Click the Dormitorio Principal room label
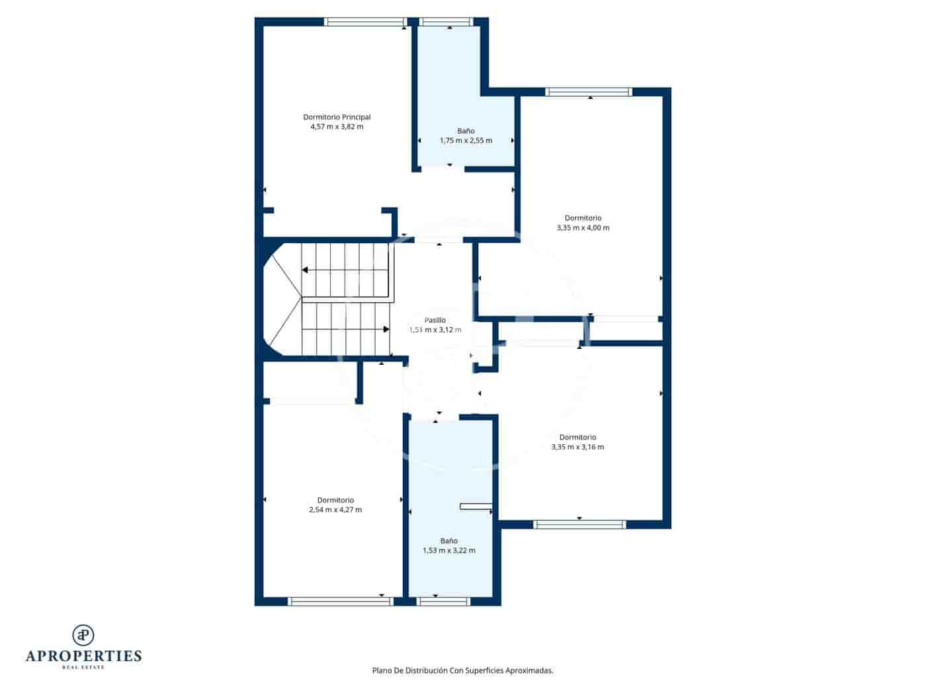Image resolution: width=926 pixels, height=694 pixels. pyautogui.click(x=337, y=117)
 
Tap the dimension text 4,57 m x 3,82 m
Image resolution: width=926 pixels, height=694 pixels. pyautogui.click(x=337, y=127)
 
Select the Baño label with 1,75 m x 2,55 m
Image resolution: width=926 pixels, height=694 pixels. pyautogui.click(x=466, y=131)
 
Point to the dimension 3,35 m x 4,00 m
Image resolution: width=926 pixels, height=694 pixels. pyautogui.click(x=583, y=228)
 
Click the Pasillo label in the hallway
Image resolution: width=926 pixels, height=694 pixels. pyautogui.click(x=435, y=320)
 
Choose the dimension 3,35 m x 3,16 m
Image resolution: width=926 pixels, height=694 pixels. pyautogui.click(x=577, y=447)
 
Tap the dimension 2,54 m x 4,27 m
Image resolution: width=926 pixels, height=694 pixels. pyautogui.click(x=335, y=510)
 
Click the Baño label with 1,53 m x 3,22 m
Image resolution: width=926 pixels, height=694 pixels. pyautogui.click(x=448, y=541)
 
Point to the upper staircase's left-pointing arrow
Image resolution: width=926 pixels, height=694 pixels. pyautogui.click(x=305, y=270)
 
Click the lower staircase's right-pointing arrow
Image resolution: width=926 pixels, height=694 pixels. pyautogui.click(x=386, y=328)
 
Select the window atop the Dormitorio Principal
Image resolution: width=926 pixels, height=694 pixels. pyautogui.click(x=366, y=22)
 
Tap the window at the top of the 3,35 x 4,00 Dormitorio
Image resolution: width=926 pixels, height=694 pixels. pyautogui.click(x=589, y=92)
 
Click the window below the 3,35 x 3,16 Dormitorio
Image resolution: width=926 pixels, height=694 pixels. pyautogui.click(x=579, y=525)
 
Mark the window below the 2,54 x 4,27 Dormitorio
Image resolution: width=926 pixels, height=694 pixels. pyautogui.click(x=341, y=601)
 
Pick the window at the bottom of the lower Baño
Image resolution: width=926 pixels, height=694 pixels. pyautogui.click(x=444, y=601)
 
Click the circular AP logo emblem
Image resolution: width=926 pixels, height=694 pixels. pyautogui.click(x=83, y=635)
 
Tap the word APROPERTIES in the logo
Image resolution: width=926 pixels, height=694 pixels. pyautogui.click(x=83, y=656)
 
